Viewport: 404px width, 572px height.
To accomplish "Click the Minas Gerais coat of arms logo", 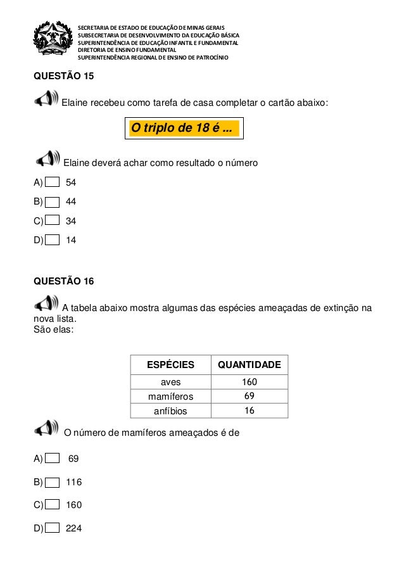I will pyautogui.click(x=54, y=41).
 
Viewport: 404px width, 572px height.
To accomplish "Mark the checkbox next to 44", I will pyautogui.click(x=54, y=202).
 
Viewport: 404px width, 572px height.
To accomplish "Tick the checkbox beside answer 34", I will pyautogui.click(x=54, y=221).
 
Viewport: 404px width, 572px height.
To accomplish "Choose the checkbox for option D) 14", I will pyautogui.click(x=54, y=241).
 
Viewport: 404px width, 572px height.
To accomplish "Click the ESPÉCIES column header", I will pyautogui.click(x=170, y=365).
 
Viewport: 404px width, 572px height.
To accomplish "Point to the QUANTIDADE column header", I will pyautogui.click(x=249, y=365).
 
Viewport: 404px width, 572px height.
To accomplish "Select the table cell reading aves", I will pyautogui.click(x=170, y=382).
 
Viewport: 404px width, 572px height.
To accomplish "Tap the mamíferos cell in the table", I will pyautogui.click(x=170, y=397).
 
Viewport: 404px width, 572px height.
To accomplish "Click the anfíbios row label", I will pyautogui.click(x=170, y=410).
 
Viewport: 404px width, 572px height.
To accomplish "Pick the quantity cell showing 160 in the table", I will pyautogui.click(x=249, y=382).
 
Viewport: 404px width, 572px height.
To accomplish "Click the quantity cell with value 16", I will pyautogui.click(x=249, y=410).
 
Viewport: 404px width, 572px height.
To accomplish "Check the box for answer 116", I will pyautogui.click(x=54, y=481).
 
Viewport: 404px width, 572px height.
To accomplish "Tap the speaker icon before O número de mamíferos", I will pyautogui.click(x=48, y=430).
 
